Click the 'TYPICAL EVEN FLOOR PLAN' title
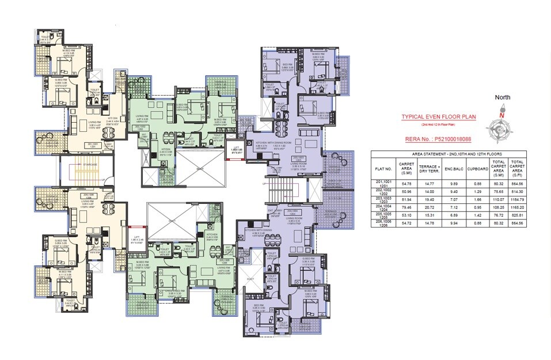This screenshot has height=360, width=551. [x=439, y=117]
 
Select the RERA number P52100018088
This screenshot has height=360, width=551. [x=439, y=139]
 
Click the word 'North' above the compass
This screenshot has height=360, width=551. [x=501, y=97]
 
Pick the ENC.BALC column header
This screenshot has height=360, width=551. [x=453, y=169]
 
